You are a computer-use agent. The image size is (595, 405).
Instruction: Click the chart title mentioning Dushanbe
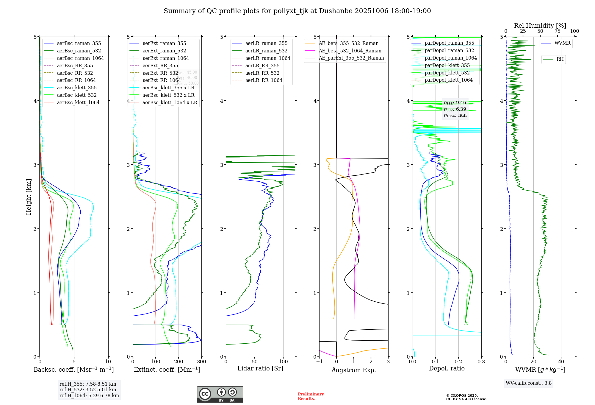point(297,11)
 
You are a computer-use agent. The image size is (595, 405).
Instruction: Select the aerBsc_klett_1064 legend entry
point(78,102)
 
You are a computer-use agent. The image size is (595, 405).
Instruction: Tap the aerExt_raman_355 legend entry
point(164,43)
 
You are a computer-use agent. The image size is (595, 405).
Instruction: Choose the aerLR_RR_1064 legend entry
point(264,80)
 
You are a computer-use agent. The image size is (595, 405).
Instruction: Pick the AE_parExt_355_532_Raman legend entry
point(351,58)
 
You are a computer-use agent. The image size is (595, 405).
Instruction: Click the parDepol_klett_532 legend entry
point(447,73)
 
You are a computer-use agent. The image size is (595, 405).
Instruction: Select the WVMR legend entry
point(562,43)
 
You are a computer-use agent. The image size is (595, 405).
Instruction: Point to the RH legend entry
point(560,59)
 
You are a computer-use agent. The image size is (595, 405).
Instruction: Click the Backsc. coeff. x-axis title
point(74,370)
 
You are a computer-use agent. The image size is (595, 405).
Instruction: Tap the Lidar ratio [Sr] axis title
point(260,368)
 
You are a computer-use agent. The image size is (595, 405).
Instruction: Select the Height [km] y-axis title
point(29,197)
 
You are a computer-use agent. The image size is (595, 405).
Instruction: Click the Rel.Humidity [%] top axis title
point(540,26)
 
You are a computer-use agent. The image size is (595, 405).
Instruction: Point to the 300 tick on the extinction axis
point(201,362)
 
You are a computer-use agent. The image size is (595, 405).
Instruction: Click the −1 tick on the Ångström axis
point(319,362)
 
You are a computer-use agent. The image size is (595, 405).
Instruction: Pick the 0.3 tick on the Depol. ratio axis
point(481,362)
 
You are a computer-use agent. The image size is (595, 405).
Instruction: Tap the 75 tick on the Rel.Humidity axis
point(557,31)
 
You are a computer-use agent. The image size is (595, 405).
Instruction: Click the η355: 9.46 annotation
point(455,103)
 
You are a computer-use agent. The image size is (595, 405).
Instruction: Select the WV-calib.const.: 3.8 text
point(529,383)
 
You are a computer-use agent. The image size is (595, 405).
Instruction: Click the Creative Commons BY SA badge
point(220,395)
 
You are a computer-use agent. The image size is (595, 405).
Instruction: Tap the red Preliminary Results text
point(311,396)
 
